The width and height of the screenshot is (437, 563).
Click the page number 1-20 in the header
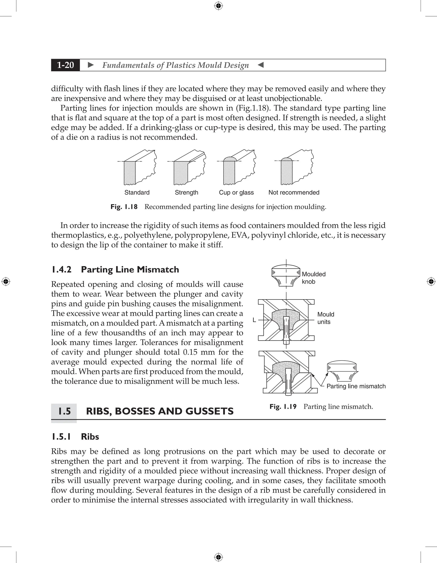pos(66,65)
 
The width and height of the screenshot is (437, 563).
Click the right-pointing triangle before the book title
pos(91,65)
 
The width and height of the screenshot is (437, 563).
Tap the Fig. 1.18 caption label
pos(124,207)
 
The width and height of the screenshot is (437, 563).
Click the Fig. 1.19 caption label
pos(283,406)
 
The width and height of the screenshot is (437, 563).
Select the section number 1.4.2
pos(61,269)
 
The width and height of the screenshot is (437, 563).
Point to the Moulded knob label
pos(313,278)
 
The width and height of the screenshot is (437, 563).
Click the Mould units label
pos(325,318)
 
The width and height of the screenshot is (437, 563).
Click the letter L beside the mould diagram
pos(254,320)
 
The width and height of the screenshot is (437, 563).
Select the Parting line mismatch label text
pos(356,386)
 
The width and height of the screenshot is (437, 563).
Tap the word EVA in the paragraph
pos(239,235)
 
